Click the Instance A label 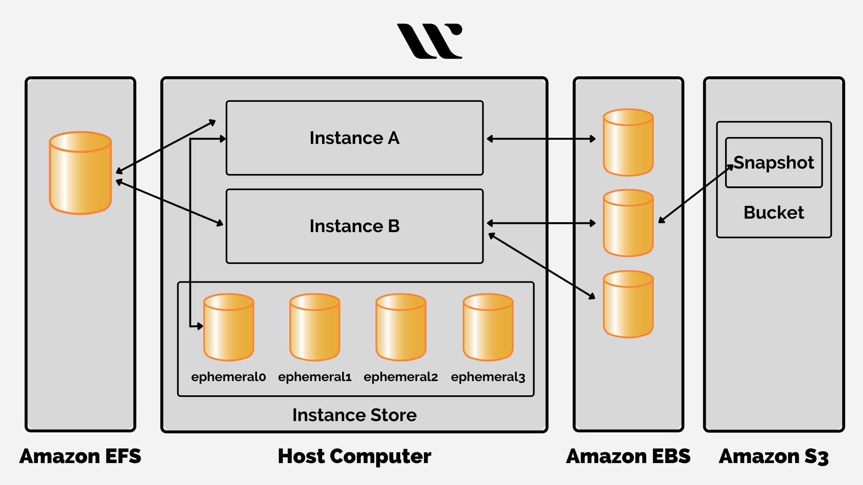(x=354, y=138)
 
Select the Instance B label (x=354, y=226)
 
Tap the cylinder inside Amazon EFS (x=81, y=173)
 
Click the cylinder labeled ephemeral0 (x=228, y=328)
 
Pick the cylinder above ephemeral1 (x=315, y=328)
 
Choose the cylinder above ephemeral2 (x=401, y=328)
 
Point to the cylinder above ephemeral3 (x=488, y=328)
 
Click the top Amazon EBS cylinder (x=628, y=142)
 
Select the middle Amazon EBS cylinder (x=628, y=223)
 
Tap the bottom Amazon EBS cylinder (x=628, y=304)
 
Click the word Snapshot (x=774, y=162)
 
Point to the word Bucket (x=774, y=212)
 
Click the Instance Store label (x=354, y=415)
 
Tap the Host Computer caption (x=354, y=457)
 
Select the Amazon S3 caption (x=774, y=457)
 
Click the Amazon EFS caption (x=80, y=457)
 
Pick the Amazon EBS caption (x=628, y=457)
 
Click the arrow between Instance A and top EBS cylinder (x=541, y=139)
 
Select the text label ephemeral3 (x=488, y=377)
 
